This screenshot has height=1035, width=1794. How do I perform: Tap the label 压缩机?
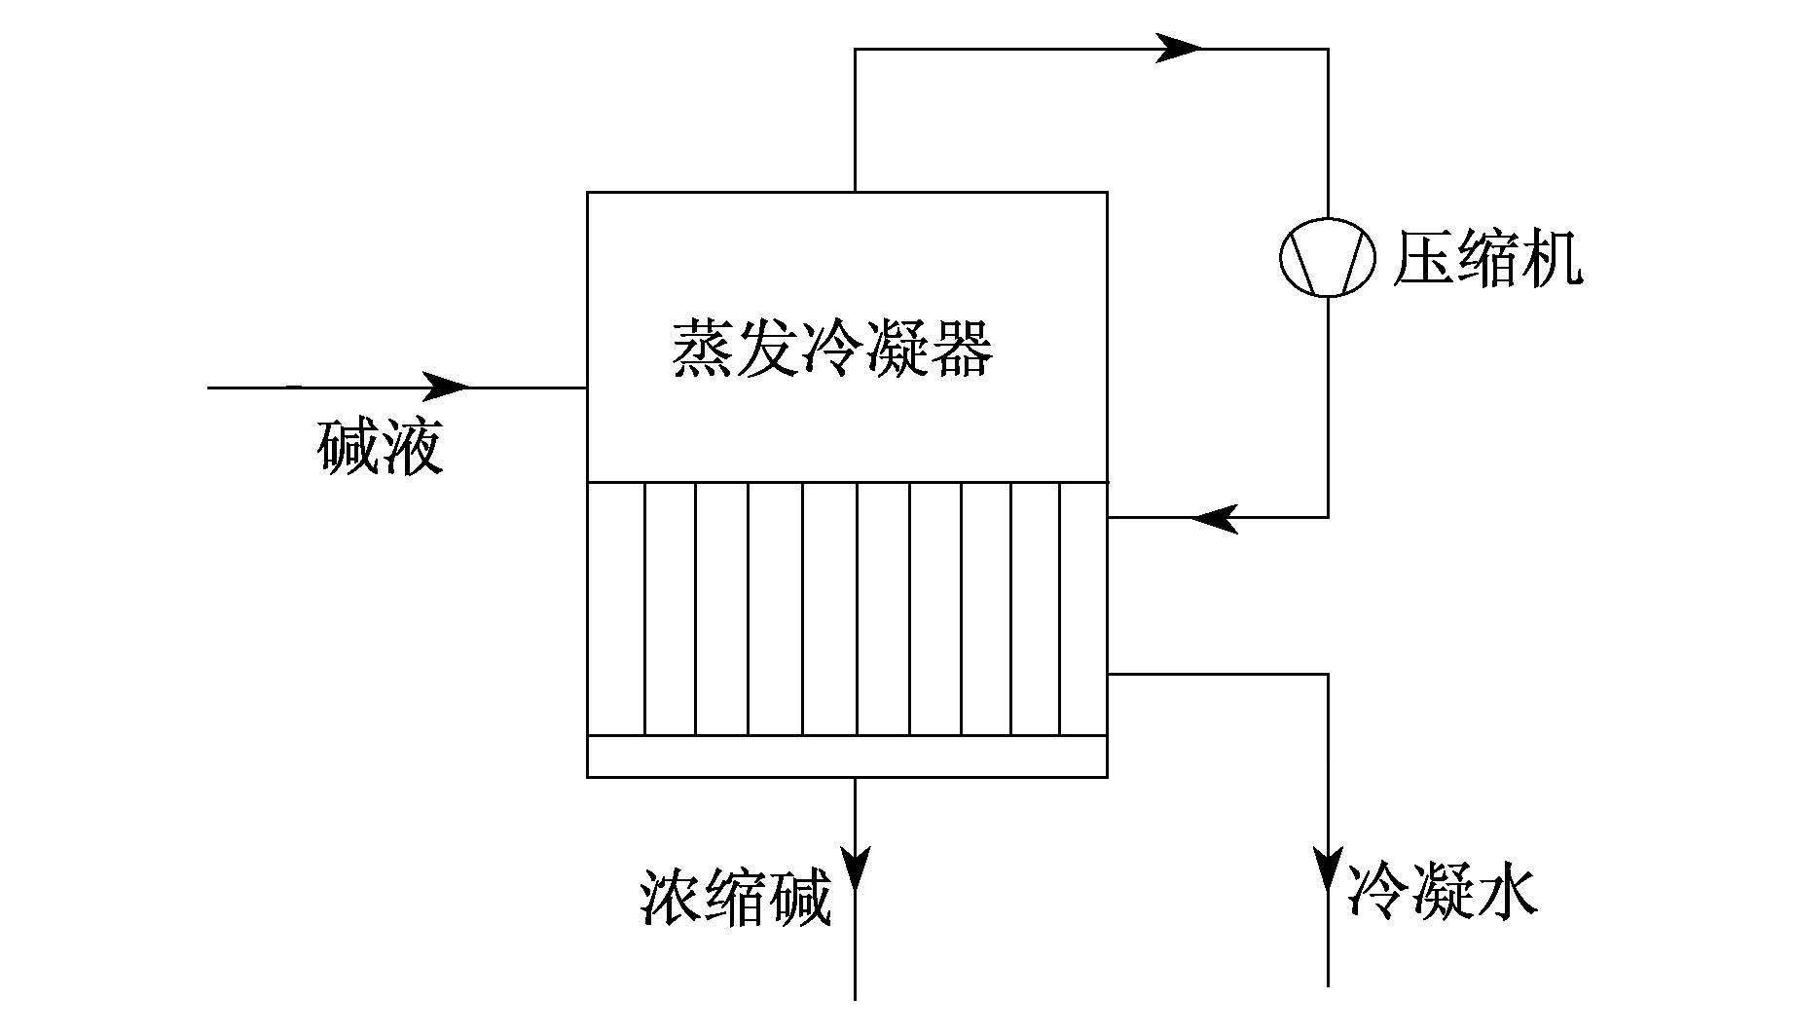pos(1488,258)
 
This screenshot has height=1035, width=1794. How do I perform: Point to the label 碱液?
pos(380,447)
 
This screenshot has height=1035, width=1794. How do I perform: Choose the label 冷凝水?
pos(1443,889)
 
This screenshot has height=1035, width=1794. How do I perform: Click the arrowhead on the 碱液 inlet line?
pos(445,387)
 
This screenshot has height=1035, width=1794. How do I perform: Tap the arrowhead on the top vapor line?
pos(1178,48)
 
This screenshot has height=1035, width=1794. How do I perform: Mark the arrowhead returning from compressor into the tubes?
pos(1215,518)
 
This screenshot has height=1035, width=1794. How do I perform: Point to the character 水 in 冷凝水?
pos(1508,889)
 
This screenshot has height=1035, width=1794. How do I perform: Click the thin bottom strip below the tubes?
pos(847,757)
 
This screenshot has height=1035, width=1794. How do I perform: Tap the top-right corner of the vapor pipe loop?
pos(1328,49)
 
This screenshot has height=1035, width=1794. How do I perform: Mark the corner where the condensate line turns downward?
pos(1328,674)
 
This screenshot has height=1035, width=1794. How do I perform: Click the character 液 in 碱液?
pos(413,447)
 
